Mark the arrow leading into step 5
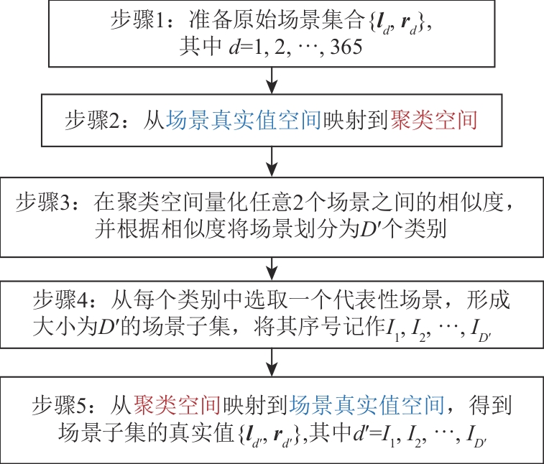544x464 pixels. [x=271, y=362]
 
